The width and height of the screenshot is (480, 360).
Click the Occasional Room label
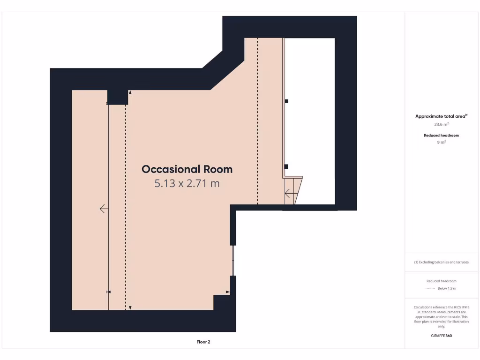click(x=187, y=169)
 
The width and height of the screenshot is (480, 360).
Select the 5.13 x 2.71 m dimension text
click(x=187, y=183)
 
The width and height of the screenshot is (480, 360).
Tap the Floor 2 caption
click(x=203, y=342)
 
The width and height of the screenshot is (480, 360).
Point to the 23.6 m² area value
click(x=441, y=125)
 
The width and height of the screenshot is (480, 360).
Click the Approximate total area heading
click(x=441, y=116)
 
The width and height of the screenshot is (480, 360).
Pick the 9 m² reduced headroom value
click(x=441, y=142)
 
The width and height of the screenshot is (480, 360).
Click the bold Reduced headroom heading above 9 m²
click(x=441, y=135)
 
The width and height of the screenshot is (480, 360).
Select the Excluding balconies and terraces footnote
click(x=441, y=262)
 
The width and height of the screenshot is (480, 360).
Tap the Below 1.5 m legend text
click(x=446, y=288)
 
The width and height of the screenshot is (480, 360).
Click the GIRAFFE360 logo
click(x=441, y=336)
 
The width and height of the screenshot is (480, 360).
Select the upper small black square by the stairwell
click(x=286, y=101)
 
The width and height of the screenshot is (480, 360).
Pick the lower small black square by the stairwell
click(x=286, y=166)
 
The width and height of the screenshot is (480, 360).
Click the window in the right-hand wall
click(x=233, y=260)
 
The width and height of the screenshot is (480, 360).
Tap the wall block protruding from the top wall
click(x=117, y=97)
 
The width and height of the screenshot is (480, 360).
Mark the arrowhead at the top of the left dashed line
click(x=130, y=93)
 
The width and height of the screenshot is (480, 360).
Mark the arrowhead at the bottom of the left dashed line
click(x=130, y=308)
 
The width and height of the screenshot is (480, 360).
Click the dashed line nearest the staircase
click(x=257, y=122)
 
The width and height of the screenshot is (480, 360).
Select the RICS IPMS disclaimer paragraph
click(x=441, y=317)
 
